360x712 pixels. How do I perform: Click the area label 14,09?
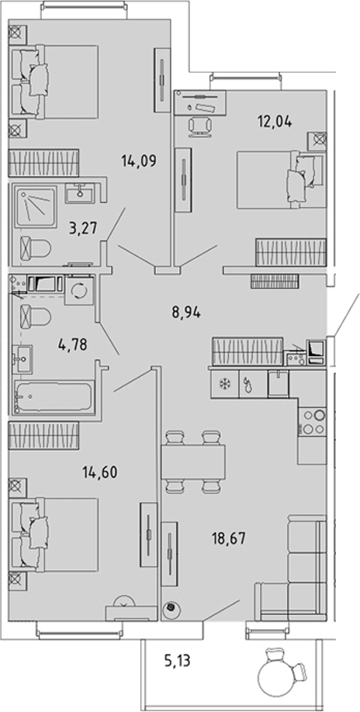[139, 161]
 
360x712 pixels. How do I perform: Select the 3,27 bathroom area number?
[83, 227]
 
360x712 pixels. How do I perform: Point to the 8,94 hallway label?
[186, 313]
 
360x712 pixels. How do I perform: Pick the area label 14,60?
[100, 472]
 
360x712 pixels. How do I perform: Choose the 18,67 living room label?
[228, 539]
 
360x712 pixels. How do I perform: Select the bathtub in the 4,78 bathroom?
[54, 397]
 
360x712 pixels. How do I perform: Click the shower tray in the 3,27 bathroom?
[35, 208]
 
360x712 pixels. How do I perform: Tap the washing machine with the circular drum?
[79, 290]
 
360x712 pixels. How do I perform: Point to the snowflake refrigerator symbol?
[223, 384]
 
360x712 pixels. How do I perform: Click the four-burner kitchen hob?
[313, 422]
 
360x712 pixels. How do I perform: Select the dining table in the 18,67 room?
[194, 461]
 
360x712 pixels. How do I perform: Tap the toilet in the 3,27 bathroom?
[36, 249]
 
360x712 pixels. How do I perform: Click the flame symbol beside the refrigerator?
[247, 384]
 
